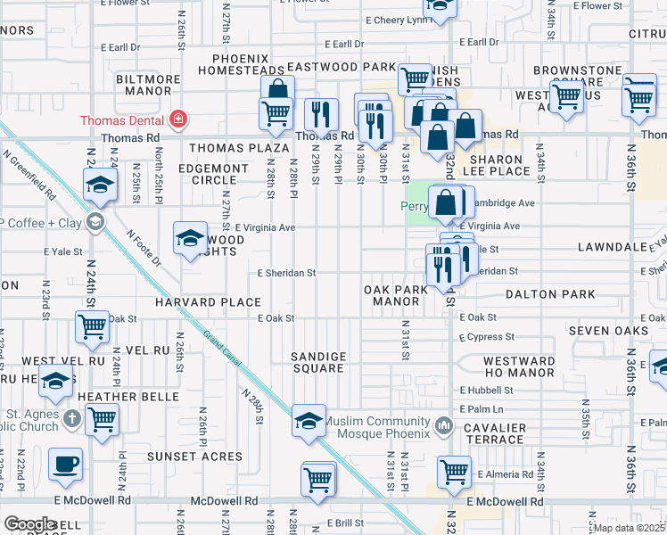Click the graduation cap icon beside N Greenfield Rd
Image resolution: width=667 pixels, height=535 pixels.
[x=101, y=185]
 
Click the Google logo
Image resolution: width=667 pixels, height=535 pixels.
[x=29, y=524]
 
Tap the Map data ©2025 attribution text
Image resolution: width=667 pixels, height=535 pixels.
[x=631, y=528]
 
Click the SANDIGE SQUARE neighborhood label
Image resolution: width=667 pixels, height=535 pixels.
[x=318, y=362]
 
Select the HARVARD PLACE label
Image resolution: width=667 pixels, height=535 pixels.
[x=207, y=302]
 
